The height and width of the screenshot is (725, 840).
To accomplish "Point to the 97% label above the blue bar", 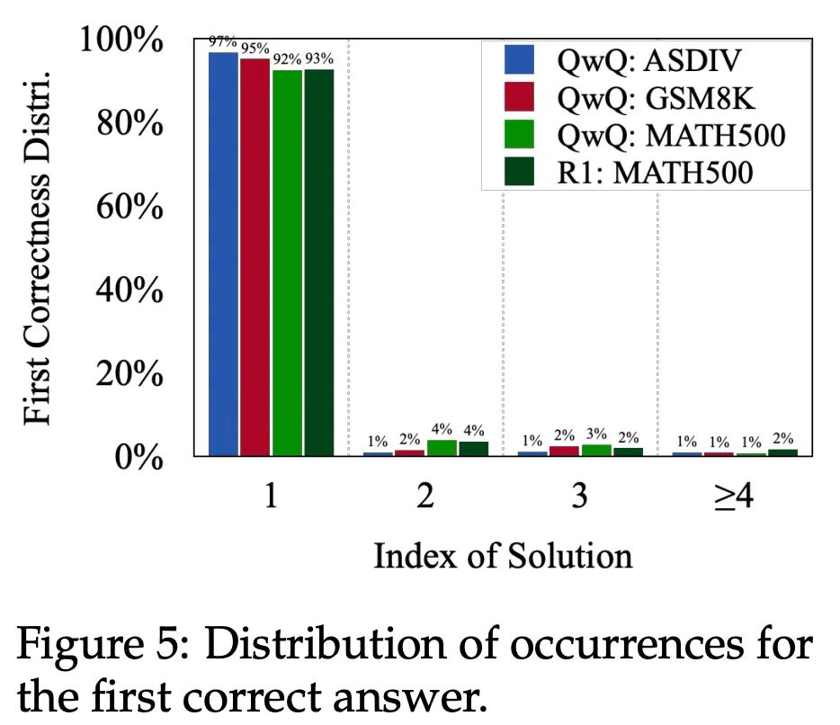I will coord(221,41).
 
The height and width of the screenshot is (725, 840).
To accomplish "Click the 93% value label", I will coord(319,58).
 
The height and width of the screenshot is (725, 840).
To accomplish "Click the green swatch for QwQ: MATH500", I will coord(520,135).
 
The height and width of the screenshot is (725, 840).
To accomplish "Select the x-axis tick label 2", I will coord(425,497).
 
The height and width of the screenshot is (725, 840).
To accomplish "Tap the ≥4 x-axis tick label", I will coord(733,497).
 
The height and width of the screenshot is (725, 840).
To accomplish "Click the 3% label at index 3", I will coord(597,435).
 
